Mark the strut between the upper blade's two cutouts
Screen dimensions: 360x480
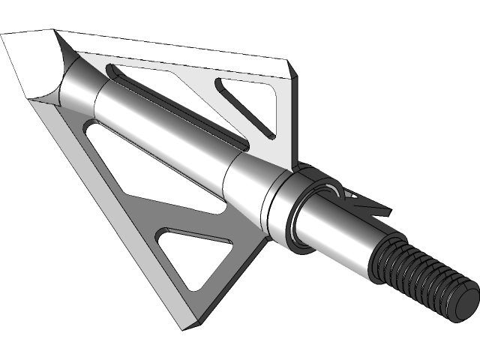(x=217, y=112)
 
